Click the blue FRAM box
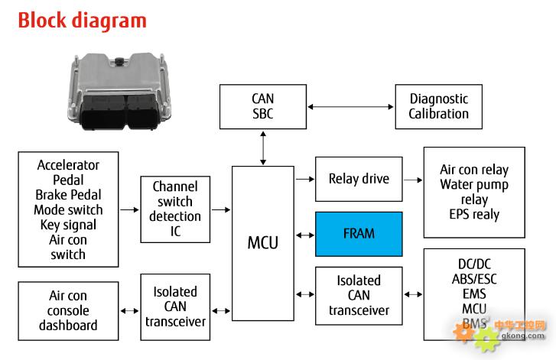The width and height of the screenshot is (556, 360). pos(359,234)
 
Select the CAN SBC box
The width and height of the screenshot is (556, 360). pos(263,106)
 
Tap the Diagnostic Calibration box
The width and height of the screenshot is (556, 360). pos(439,106)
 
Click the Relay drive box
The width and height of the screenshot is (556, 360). pos(359,179)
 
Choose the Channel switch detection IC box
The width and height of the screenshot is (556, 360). pos(175,209)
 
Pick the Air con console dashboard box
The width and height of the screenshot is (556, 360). pos(68,311)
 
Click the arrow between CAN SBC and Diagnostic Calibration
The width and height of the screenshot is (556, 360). pos(351,107)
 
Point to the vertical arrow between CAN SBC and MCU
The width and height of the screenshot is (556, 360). pos(263,148)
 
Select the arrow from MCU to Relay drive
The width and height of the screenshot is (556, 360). pos(305,180)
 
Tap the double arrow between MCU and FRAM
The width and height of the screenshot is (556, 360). pos(305,235)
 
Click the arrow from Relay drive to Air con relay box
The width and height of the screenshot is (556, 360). pos(413,180)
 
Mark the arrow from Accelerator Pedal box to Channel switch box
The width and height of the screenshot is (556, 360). pos(129,209)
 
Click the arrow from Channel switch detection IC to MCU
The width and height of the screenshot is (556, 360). pos(221,209)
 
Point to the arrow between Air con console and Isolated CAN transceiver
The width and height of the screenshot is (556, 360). pos(129,311)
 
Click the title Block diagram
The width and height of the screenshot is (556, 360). pos(83,21)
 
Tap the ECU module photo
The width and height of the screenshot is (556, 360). pos(118,92)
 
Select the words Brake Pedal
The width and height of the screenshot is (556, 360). pos(68,195)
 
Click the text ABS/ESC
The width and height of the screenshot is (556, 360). pos(474,279)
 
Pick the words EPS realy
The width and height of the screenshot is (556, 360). pos(474,214)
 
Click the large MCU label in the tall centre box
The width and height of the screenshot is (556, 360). pos(263,243)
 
